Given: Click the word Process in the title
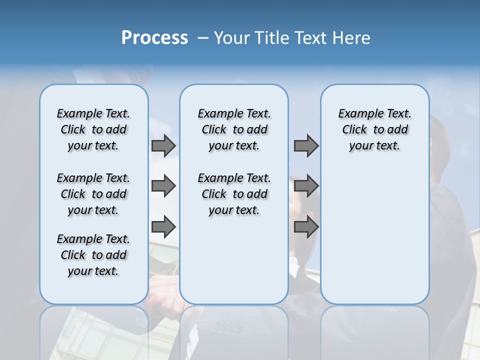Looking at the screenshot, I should [154, 38].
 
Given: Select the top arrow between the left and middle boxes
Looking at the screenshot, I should [163, 146].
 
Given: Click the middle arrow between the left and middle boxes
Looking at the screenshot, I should [163, 186].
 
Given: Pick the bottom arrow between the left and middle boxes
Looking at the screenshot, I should [163, 227].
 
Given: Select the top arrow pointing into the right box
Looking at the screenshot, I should [306, 146].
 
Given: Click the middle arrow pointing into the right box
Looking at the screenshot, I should [306, 186].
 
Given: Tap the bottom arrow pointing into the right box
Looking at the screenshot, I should [306, 227].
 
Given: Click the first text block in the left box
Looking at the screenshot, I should [93, 129].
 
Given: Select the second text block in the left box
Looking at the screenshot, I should [93, 194].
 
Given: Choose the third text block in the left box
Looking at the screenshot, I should [93, 255].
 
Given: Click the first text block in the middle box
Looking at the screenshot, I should [234, 129].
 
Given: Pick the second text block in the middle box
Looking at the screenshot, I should [234, 194].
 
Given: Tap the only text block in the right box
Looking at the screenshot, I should [374, 129].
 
